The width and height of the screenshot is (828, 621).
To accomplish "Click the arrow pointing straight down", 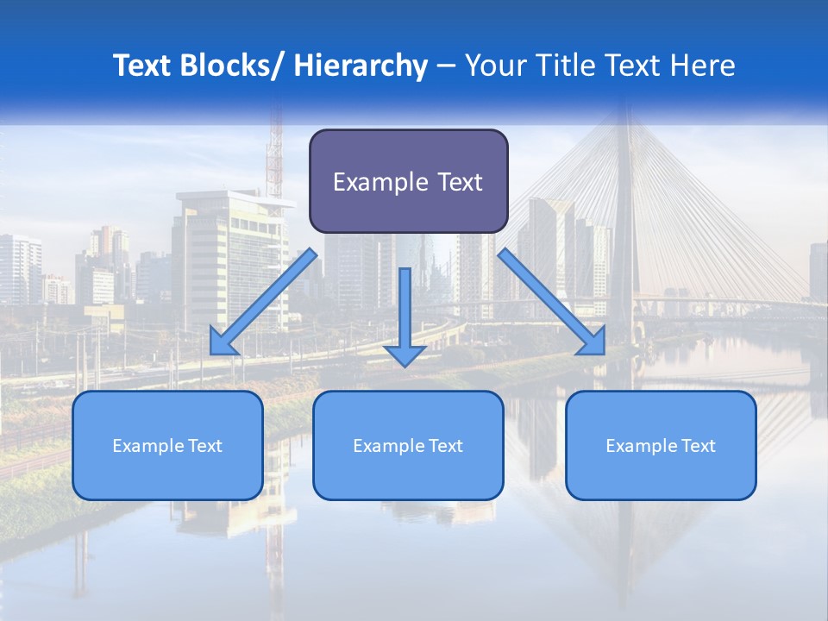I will (405, 315).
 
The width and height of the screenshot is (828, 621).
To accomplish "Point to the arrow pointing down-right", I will (552, 301).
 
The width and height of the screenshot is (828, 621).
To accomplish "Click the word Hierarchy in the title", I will (361, 66).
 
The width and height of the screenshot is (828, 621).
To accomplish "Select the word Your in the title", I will (494, 66).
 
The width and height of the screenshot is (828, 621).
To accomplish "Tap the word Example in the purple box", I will (380, 183).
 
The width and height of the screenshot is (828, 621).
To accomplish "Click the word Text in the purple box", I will (460, 183).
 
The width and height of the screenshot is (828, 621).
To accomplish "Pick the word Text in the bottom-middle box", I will (446, 446).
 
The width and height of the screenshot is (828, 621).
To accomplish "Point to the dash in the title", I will (446, 66).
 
